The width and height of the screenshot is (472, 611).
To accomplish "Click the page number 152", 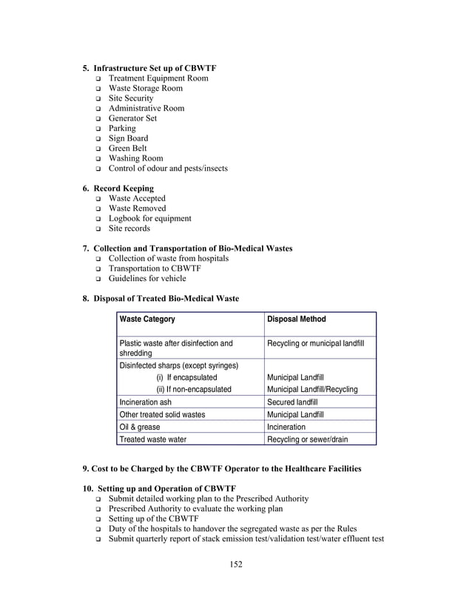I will (236, 564).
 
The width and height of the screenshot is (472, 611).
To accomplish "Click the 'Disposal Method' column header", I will (296, 320).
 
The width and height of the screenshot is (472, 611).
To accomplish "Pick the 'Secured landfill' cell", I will (292, 402).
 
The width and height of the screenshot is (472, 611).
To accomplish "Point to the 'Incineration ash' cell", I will (145, 402).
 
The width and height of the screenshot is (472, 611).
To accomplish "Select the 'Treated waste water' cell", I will (153, 439).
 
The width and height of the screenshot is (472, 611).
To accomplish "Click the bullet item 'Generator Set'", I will (132, 118).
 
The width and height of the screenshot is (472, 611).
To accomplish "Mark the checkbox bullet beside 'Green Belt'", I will (98, 149).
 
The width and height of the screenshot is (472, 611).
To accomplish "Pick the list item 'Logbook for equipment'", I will (149, 218).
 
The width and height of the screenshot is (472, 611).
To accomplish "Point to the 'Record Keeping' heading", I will (124, 189).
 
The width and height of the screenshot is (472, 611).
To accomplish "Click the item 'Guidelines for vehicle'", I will (147, 279).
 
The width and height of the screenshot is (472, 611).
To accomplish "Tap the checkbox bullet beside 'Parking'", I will (98, 129).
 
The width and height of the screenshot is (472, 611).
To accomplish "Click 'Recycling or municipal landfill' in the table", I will (315, 343).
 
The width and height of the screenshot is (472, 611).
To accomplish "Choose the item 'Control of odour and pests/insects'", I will (168, 169).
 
